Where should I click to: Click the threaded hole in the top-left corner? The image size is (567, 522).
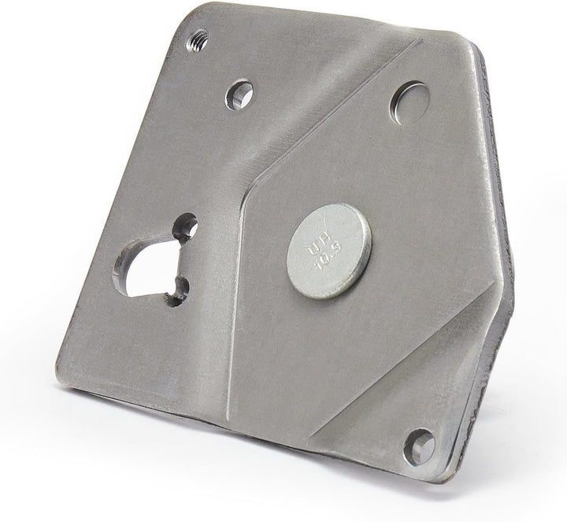pyautogui.click(x=197, y=37)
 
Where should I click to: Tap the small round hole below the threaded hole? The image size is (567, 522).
pyautogui.click(x=239, y=95)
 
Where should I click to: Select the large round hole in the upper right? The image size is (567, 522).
pyautogui.click(x=411, y=102)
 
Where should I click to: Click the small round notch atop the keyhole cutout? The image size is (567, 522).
pyautogui.click(x=187, y=226)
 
